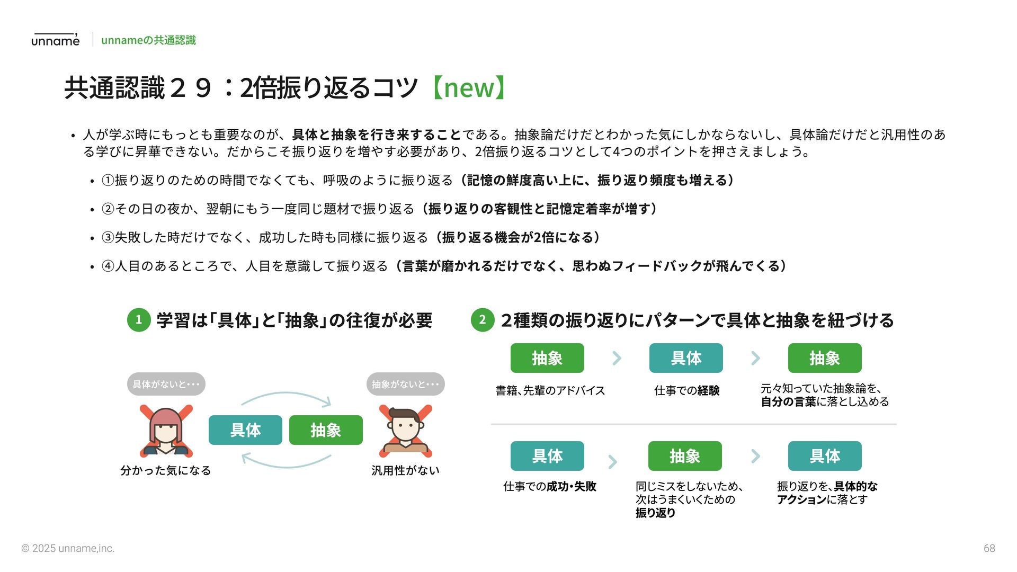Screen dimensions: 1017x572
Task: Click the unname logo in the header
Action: pos(55,40)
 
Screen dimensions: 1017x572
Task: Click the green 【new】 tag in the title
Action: pos(469,88)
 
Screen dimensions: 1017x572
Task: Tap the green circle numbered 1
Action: pos(139,320)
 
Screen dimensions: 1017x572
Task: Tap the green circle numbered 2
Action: pos(482,320)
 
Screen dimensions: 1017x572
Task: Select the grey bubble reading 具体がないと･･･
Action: pos(166,384)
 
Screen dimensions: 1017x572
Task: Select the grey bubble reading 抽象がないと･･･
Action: pos(405,384)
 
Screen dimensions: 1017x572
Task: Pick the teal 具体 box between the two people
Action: pos(245,430)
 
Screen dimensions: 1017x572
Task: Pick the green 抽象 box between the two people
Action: pos(326,430)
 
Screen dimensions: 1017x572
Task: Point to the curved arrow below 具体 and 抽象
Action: pos(286,462)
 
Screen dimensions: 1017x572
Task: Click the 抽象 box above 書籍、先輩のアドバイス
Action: pos(547,358)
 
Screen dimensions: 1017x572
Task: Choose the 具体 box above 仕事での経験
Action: pos(686,358)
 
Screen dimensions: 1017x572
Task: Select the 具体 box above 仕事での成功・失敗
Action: pos(547,456)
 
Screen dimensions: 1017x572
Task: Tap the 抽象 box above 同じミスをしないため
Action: pos(685,456)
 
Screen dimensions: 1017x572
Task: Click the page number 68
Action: pos(989,549)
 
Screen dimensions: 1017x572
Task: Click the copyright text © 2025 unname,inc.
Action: pos(68,549)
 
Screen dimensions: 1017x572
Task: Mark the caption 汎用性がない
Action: pos(405,470)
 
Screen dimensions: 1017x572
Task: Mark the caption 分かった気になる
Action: pos(166,470)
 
